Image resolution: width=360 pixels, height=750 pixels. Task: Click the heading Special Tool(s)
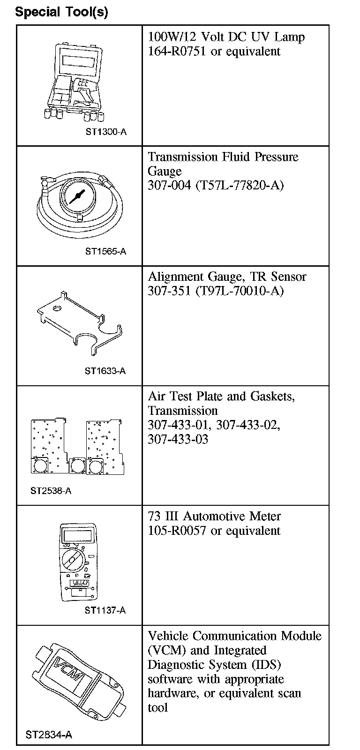(61, 12)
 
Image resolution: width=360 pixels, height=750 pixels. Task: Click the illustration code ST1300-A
(106, 132)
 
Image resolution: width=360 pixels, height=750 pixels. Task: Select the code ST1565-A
(106, 251)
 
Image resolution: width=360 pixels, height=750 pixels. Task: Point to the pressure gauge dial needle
(76, 195)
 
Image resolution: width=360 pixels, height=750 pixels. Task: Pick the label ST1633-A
(105, 371)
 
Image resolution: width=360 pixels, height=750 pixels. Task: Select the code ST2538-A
(51, 491)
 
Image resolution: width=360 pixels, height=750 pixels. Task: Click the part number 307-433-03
(178, 439)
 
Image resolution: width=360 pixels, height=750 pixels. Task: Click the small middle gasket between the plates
(76, 465)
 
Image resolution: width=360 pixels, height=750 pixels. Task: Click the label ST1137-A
(105, 610)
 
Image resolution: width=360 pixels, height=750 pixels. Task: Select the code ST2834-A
(49, 735)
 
